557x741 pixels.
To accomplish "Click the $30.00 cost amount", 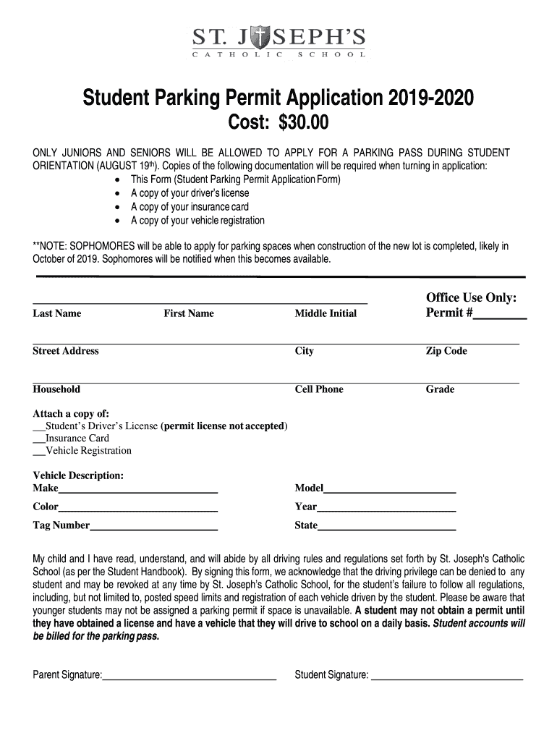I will (x=299, y=124).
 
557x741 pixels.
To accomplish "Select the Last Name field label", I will (x=57, y=313).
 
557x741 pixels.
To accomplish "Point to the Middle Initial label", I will (x=326, y=313).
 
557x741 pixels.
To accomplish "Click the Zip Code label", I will (x=446, y=351).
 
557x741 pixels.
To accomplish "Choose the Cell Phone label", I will (x=319, y=389).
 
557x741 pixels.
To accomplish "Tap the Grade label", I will (x=440, y=389).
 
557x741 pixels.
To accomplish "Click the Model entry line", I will (x=389, y=491).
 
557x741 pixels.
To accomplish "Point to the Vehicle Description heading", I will (x=78, y=475).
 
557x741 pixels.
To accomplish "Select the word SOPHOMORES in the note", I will (x=95, y=246).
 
